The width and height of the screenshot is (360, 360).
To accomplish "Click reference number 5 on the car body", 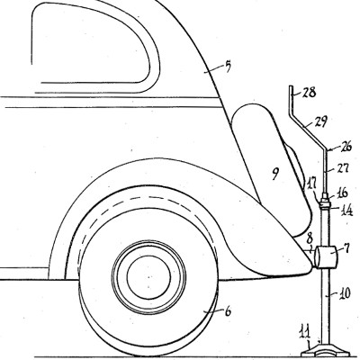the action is (x=228, y=67).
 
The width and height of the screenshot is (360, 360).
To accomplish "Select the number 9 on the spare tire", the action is (x=275, y=174).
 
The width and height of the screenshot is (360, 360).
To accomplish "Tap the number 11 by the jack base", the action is (x=305, y=333).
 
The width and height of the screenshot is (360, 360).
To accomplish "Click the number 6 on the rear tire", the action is (x=228, y=312).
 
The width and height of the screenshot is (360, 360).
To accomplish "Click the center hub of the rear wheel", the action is (x=148, y=275).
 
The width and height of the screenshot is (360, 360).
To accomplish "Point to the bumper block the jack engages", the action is (x=324, y=256).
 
